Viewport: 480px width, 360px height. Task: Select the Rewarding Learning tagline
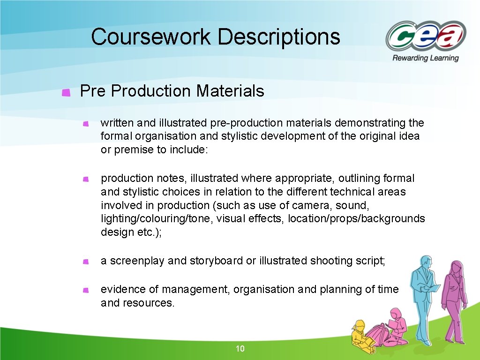(x=426, y=58)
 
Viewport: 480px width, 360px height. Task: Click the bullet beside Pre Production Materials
(x=67, y=92)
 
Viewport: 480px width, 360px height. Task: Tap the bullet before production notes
(x=85, y=179)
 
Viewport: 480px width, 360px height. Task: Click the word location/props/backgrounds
(x=356, y=219)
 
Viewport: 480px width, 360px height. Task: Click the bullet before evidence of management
(x=85, y=291)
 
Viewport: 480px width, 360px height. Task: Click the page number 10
(x=240, y=349)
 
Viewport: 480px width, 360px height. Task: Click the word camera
(x=309, y=205)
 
